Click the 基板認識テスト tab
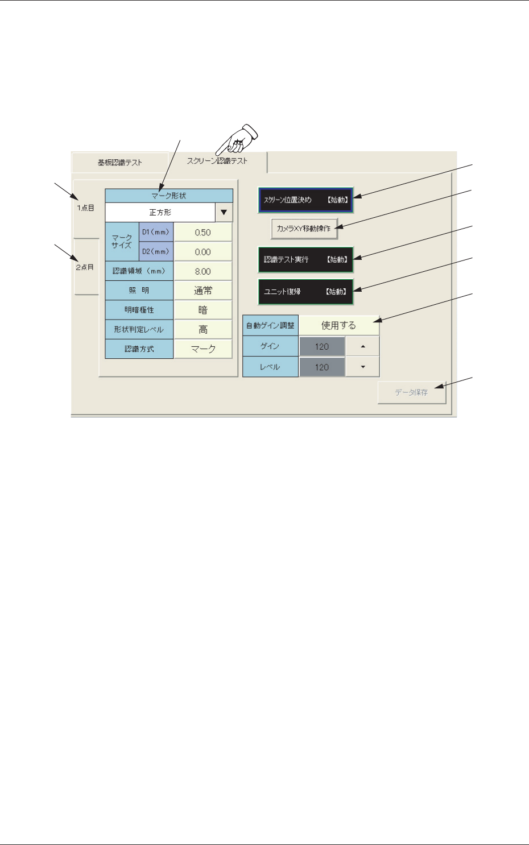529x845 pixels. point(119,163)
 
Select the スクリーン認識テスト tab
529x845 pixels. point(217,161)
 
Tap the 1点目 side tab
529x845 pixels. point(86,208)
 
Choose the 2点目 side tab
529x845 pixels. point(85,267)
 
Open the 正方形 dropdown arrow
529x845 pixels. point(224,213)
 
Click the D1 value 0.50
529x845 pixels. point(202,233)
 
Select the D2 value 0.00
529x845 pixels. point(202,252)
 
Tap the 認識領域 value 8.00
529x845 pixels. point(202,272)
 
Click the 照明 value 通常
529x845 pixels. point(202,291)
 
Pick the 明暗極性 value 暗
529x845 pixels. point(202,310)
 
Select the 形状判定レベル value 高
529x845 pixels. point(202,329)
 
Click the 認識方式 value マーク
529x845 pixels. point(202,349)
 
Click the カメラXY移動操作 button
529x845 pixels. point(304,228)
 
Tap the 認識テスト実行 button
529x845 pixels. point(305,260)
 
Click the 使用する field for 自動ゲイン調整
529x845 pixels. point(338,326)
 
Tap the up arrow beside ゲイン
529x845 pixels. point(362,346)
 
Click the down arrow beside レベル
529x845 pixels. point(362,367)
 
